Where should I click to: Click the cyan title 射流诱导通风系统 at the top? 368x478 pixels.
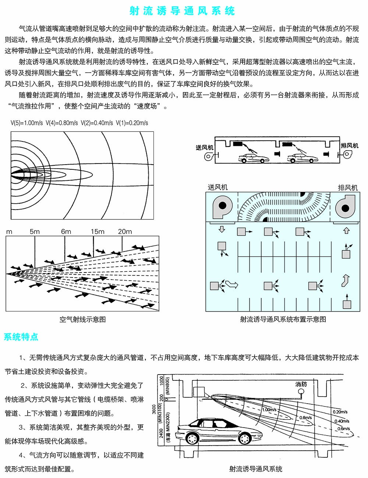coord(182,11)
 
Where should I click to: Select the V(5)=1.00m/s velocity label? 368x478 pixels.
coord(26,123)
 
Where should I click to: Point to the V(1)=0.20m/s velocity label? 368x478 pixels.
coord(132,123)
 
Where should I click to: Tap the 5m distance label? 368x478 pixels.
coord(35,232)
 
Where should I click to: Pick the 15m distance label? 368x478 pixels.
coord(98,232)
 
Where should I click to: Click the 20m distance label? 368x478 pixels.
coord(125,232)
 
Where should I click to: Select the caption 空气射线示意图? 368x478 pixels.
coord(83,319)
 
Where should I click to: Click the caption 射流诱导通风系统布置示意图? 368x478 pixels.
coord(283,319)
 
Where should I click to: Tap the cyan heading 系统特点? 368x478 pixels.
coord(21,337)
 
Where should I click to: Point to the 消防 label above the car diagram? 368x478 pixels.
coord(301,384)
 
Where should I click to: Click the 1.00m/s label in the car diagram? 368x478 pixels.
coord(269,410)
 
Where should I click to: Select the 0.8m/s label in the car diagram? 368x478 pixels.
coord(306,418)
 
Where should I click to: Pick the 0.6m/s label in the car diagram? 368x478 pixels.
coord(344,429)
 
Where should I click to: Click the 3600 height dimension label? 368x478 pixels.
coord(154,409)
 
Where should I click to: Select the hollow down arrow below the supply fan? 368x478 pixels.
coord(222,230)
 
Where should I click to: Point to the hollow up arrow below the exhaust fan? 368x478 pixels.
coord(346,231)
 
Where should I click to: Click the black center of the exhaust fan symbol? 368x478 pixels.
coord(345,208)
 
